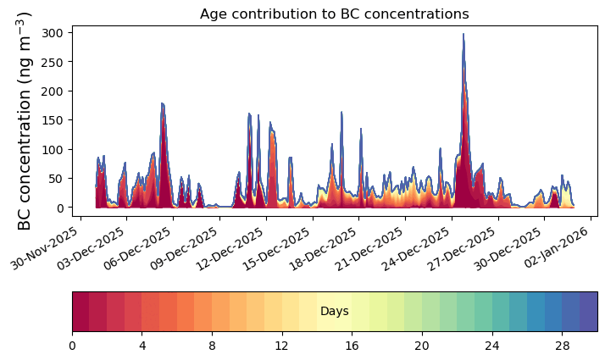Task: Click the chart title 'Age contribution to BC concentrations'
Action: (334, 14)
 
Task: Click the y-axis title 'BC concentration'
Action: (25, 120)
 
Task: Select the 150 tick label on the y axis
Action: (54, 120)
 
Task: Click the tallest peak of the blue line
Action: (463, 35)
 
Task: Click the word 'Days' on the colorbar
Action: (334, 312)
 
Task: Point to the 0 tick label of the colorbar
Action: (72, 346)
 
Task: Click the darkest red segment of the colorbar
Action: (80, 311)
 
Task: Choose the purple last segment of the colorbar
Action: (588, 311)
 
